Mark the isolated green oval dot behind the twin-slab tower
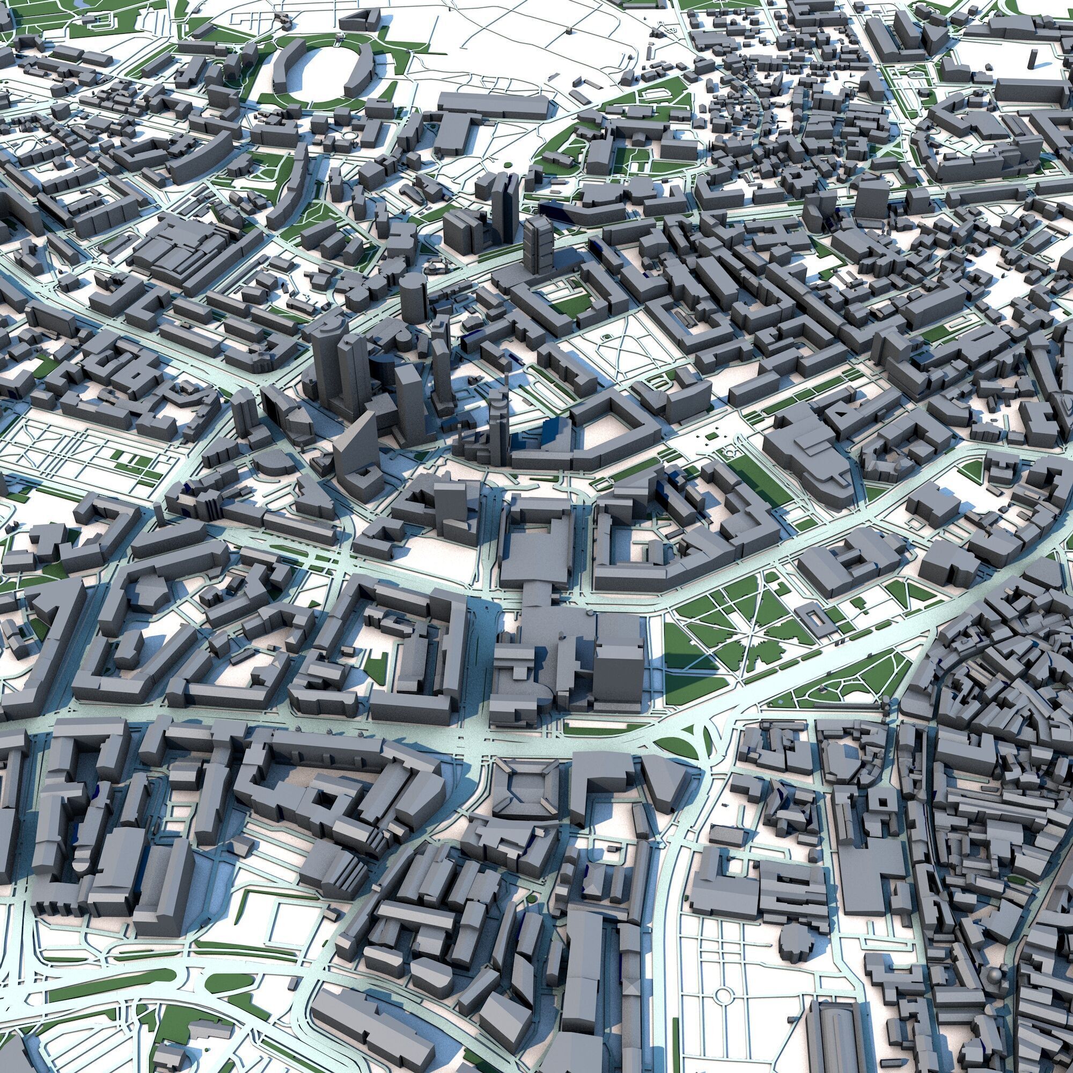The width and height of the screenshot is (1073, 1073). pos(507,165)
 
